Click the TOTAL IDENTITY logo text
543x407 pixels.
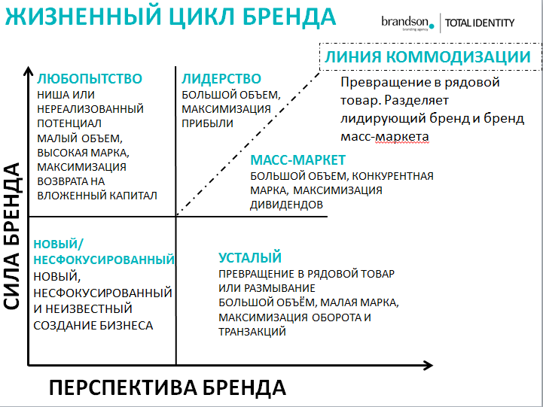tap(480, 23)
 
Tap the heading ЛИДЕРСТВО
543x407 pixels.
tap(221, 79)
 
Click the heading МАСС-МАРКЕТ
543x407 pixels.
tap(297, 160)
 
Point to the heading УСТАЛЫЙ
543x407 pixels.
tap(250, 257)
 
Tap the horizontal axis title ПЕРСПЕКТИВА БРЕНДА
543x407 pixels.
tap(167, 387)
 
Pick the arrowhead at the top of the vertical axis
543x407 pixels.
tap(28, 71)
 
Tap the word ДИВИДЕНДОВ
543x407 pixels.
tap(287, 204)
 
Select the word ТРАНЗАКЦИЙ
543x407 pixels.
tap(252, 331)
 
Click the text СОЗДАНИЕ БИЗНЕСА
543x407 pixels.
tap(93, 325)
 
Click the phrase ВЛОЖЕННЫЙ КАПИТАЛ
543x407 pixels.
tap(96, 195)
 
